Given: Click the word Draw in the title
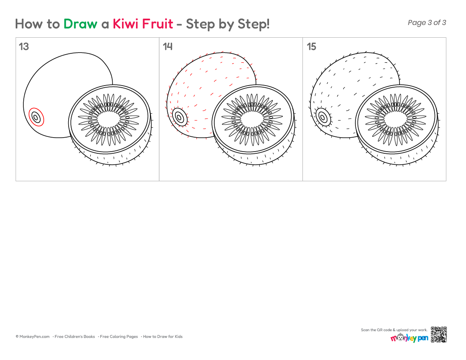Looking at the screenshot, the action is pyautogui.click(x=80, y=24).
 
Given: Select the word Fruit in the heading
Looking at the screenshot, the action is pyautogui.click(x=158, y=24).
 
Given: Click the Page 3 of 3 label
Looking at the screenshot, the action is pyautogui.click(x=427, y=22).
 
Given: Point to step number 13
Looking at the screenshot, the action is pyautogui.click(x=24, y=47).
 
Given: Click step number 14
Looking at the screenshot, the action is pyautogui.click(x=168, y=47).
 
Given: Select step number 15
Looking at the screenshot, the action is pyautogui.click(x=311, y=47).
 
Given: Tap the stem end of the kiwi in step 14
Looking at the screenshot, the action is pyautogui.click(x=180, y=117).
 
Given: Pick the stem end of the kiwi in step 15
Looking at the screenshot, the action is pyautogui.click(x=323, y=117).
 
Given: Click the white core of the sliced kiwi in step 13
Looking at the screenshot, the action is pyautogui.click(x=109, y=119).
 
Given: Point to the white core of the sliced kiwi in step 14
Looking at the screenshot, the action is pyautogui.click(x=252, y=119).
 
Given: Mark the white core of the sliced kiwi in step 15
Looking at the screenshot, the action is pyautogui.click(x=396, y=119).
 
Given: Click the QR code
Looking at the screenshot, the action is pyautogui.click(x=438, y=335).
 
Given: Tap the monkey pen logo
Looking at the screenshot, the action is pyautogui.click(x=409, y=338).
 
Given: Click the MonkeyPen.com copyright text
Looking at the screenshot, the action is pyautogui.click(x=33, y=337).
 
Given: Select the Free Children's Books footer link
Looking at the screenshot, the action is pyautogui.click(x=75, y=337).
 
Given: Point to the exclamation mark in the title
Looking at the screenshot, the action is pyautogui.click(x=268, y=24).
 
